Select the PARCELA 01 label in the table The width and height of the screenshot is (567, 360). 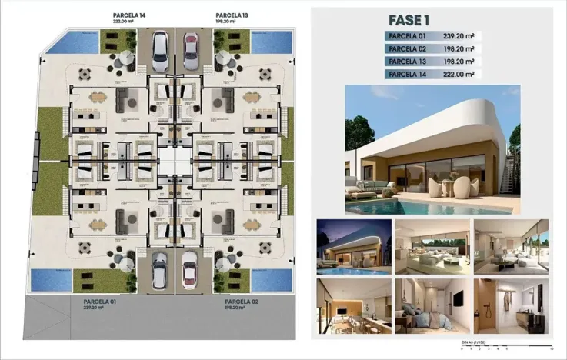[409, 35]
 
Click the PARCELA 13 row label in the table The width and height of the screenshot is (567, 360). [409, 62]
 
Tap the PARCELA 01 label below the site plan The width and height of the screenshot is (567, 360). [99, 302]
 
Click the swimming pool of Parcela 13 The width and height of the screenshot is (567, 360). [272, 41]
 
